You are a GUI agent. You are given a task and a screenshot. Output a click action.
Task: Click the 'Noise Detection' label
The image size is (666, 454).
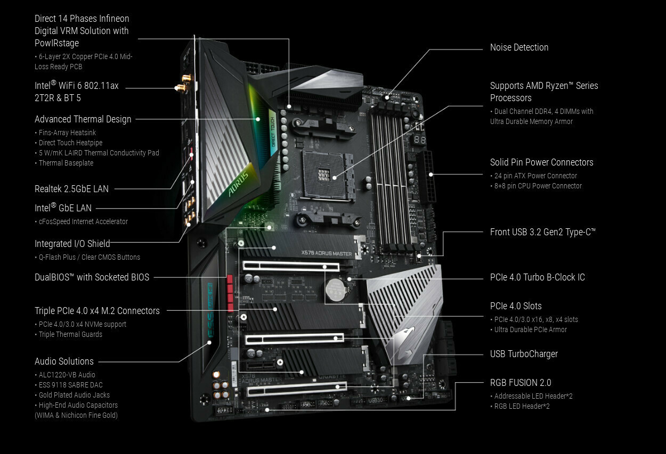point(519,47)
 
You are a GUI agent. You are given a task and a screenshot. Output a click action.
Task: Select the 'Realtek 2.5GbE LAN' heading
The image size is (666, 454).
point(71,188)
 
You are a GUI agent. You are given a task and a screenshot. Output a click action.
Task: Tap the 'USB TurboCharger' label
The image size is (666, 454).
point(524,354)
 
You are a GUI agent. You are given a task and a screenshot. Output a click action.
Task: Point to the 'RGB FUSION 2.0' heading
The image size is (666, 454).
point(521,383)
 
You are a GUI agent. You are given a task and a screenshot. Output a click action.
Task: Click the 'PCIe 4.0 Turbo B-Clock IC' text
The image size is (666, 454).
point(537,277)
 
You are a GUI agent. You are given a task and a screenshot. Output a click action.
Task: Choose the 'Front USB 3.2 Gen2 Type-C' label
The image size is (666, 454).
point(542,232)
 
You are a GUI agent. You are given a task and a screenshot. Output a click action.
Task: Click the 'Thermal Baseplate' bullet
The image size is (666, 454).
point(66,163)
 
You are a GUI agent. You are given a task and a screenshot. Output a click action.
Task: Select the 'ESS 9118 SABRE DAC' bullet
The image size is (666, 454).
point(71,385)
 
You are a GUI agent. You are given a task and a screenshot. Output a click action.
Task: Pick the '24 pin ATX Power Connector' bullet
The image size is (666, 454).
point(535,176)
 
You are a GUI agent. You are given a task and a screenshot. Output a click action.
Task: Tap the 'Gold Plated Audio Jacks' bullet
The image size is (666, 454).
point(74,395)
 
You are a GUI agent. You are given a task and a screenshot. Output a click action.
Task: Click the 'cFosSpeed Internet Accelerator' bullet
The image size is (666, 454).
point(83,221)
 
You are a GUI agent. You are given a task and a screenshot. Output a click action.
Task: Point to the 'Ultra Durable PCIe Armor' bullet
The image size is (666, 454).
point(531,329)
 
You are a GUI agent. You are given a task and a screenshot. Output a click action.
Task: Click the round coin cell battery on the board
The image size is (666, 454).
point(336,290)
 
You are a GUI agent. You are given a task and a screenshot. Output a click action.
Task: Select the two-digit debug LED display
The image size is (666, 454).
point(420,140)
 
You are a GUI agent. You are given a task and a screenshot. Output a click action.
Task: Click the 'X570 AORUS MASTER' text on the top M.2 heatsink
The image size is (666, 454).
point(326,253)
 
